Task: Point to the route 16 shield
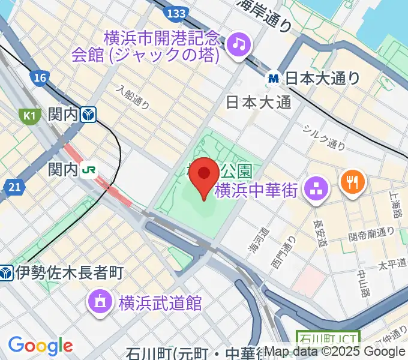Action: point(40,77)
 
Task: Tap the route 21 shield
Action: point(15,188)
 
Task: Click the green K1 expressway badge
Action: point(28,115)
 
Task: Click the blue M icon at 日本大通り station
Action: point(274,78)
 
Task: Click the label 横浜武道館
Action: point(160,302)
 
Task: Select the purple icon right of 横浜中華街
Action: point(314,190)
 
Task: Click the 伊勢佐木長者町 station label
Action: point(69,273)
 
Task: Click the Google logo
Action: point(41,345)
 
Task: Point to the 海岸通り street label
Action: point(264,15)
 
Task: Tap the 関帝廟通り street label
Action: point(373,232)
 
